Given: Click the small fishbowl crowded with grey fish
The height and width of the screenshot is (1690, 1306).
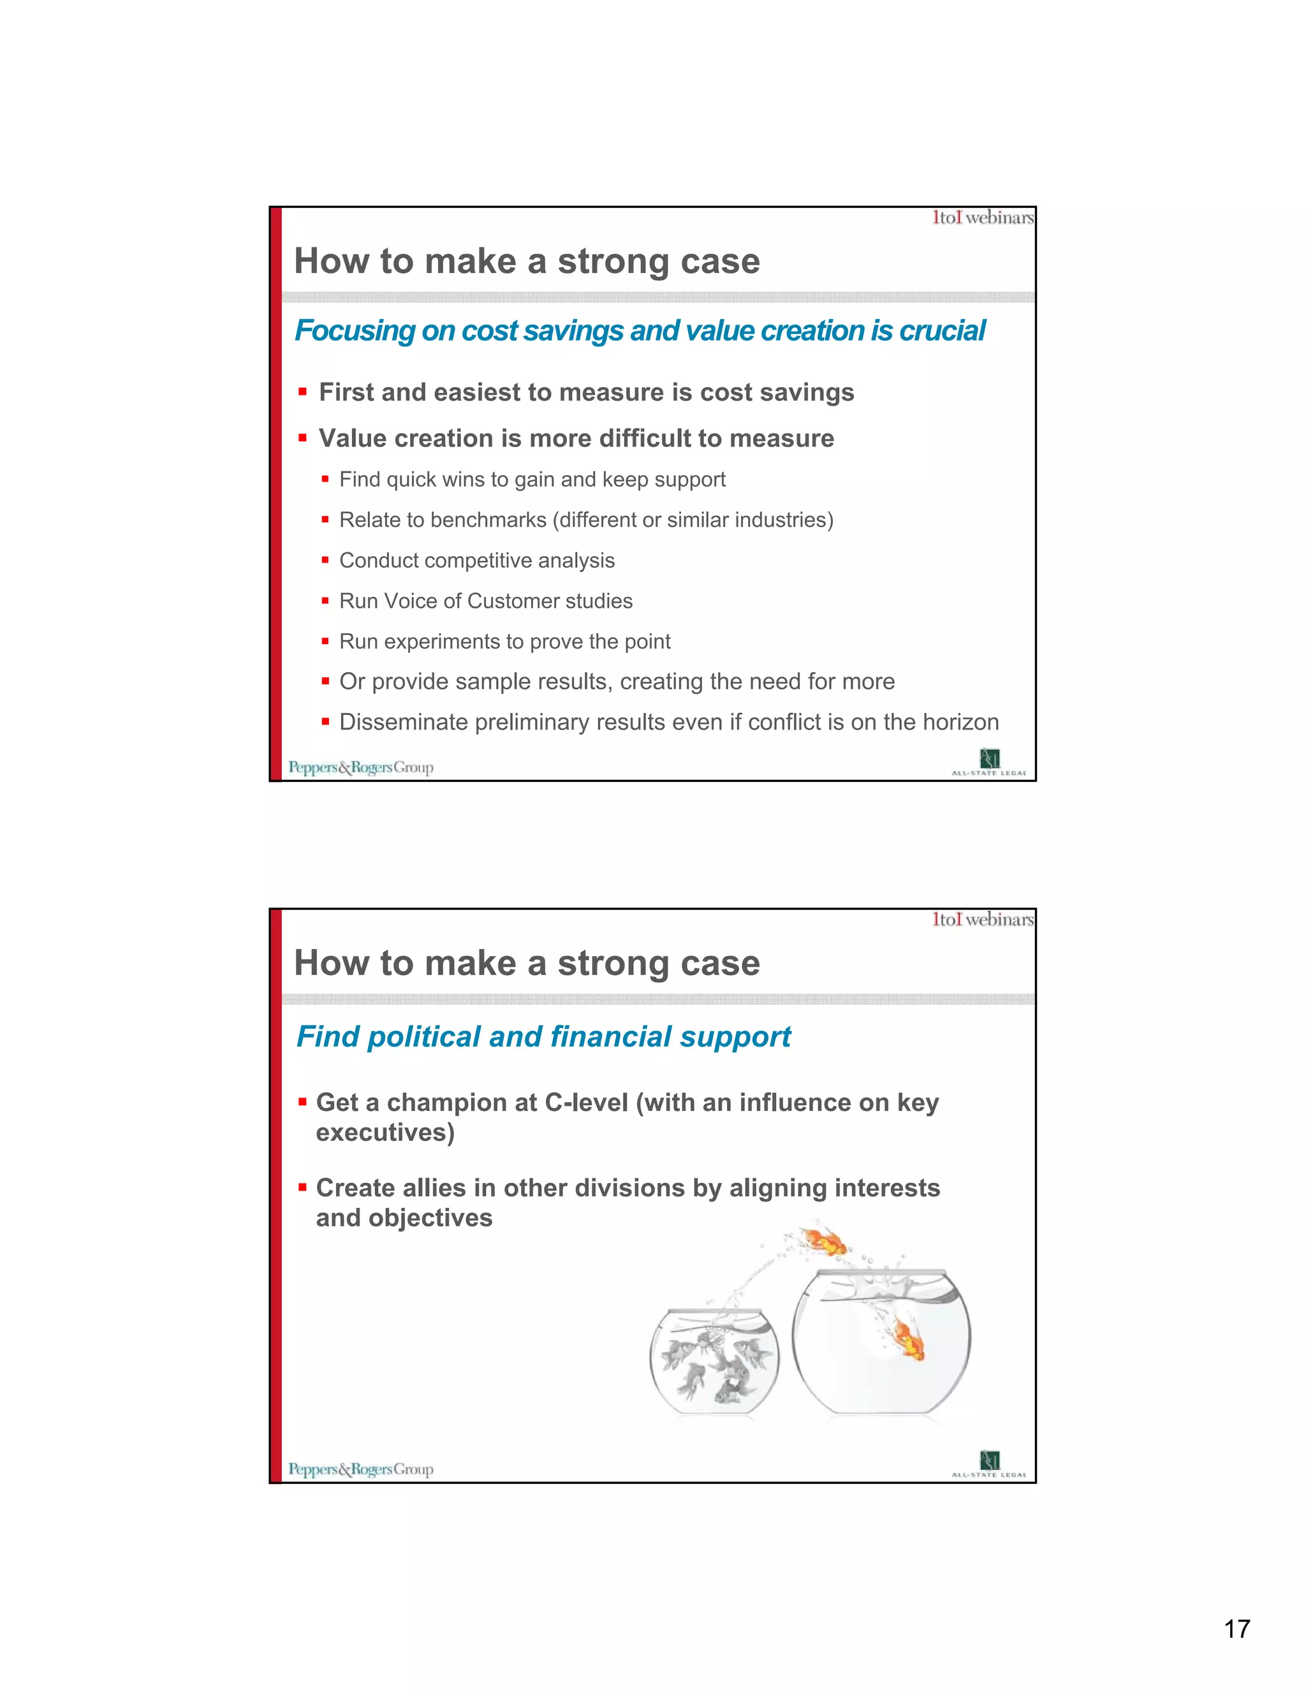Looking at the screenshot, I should pos(714,1363).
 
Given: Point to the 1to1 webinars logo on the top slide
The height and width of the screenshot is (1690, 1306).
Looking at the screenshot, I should pos(983,218).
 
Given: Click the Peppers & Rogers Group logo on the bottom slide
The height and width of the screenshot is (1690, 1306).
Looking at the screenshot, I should pos(360,1469).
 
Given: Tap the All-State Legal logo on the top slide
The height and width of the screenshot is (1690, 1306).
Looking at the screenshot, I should pos(989,761).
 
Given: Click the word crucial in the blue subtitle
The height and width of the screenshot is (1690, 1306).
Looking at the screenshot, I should pos(943,331).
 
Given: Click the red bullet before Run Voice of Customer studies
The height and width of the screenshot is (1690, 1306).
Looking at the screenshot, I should pos(326,601).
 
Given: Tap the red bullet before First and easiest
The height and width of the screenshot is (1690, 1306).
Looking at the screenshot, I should pos(302,392).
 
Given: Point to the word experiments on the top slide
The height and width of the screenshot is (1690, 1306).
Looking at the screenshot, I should pos(442,642).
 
